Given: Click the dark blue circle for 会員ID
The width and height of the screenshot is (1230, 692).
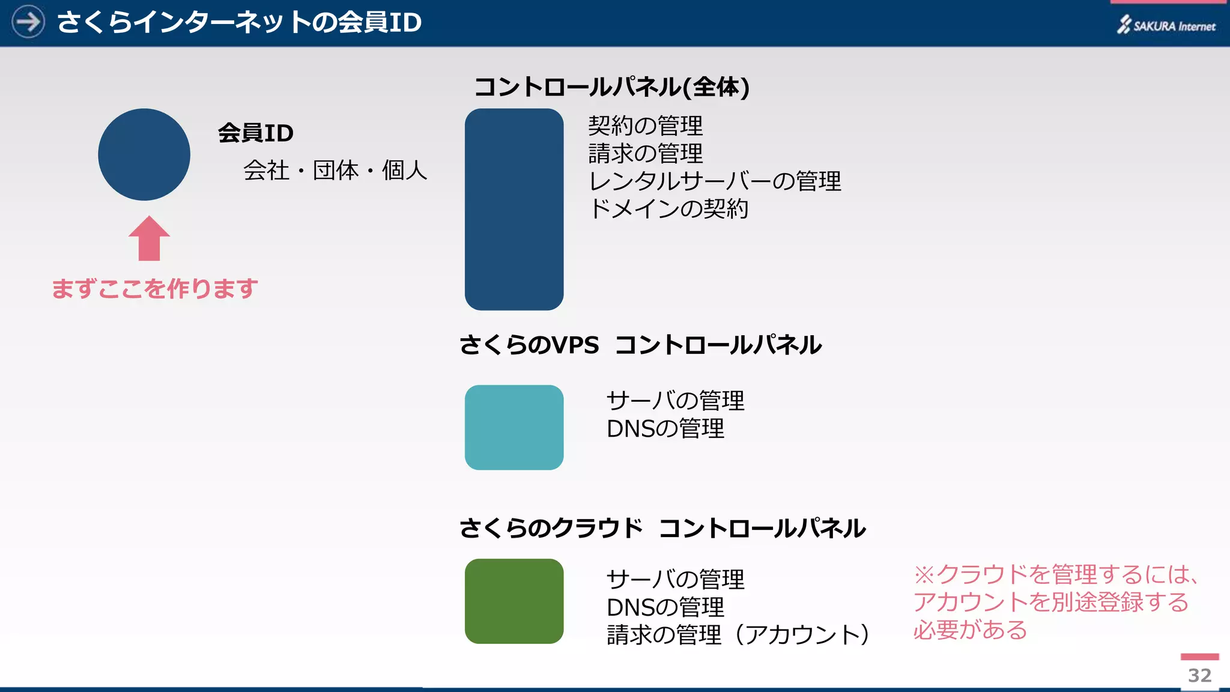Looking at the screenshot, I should coord(144,154).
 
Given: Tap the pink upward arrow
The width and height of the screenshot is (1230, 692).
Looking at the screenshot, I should coord(149,239).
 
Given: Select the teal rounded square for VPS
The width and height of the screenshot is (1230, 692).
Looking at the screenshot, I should coord(514,428).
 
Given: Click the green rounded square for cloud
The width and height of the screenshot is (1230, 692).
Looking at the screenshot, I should coord(514,601).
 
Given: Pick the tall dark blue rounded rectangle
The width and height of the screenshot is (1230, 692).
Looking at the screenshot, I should coord(514,209).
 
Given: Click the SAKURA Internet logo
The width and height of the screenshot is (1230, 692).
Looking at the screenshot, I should coord(1166,25).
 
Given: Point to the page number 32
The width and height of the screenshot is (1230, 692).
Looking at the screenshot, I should coord(1199,675).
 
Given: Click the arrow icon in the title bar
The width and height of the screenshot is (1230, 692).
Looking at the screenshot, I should coord(28,22).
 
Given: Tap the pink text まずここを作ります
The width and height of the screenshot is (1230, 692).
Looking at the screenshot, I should coord(155,289).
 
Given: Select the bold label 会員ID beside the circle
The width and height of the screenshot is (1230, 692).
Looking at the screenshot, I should coord(256,133).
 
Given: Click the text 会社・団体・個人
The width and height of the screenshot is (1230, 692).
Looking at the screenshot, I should coord(335,171).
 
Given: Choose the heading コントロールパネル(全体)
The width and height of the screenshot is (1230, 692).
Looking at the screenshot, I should coord(611,87).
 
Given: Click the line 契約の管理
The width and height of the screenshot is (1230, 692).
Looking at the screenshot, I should coord(645,126).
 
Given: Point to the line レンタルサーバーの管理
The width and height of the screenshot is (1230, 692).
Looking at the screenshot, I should coord(715,181).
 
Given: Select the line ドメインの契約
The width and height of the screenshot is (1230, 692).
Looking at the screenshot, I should coord(668,209).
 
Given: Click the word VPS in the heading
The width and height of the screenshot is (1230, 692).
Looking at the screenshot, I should coord(575,345).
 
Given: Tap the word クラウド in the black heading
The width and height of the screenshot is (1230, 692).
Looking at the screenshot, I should coord(598,529).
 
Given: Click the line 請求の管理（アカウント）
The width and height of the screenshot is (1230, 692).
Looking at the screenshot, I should coord(738,635).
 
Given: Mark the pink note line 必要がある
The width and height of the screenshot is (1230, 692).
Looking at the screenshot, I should coord(970,630).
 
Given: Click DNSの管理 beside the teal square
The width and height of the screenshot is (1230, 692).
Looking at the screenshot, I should coord(665,429).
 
